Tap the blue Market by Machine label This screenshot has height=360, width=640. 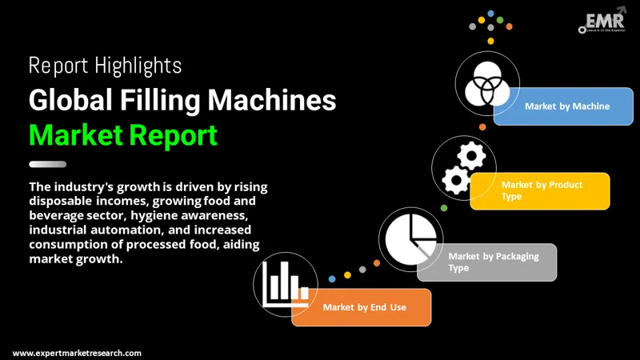564,106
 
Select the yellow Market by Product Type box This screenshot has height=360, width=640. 540,190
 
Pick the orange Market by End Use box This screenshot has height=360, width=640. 362,307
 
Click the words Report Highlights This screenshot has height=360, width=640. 105,65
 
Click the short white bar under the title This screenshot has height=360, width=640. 48,164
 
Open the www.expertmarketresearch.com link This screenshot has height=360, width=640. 78,353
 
